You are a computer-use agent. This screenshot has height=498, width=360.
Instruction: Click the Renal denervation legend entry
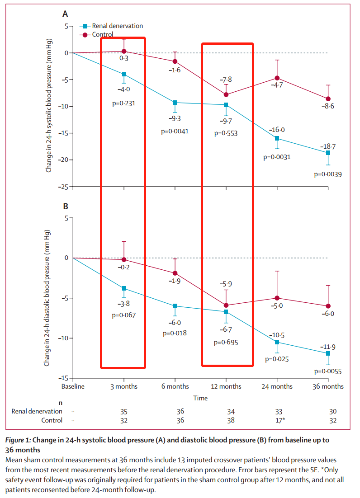point(117,26)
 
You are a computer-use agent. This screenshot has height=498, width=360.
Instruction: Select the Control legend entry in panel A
point(103,34)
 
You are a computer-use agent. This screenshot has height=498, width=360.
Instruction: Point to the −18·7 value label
point(327,147)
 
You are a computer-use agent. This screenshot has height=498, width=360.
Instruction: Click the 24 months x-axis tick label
point(277,386)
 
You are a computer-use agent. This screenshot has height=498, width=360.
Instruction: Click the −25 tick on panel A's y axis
point(64,187)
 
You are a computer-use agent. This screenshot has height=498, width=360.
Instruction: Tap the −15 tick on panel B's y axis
point(64,378)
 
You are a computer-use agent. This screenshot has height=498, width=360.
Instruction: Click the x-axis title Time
point(200,398)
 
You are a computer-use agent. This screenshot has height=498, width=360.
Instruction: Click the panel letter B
point(66,206)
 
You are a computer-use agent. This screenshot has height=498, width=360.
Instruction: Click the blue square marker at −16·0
point(277,138)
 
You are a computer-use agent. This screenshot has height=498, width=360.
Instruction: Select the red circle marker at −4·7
point(277,78)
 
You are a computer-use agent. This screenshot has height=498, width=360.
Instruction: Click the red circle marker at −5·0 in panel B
point(277,298)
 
